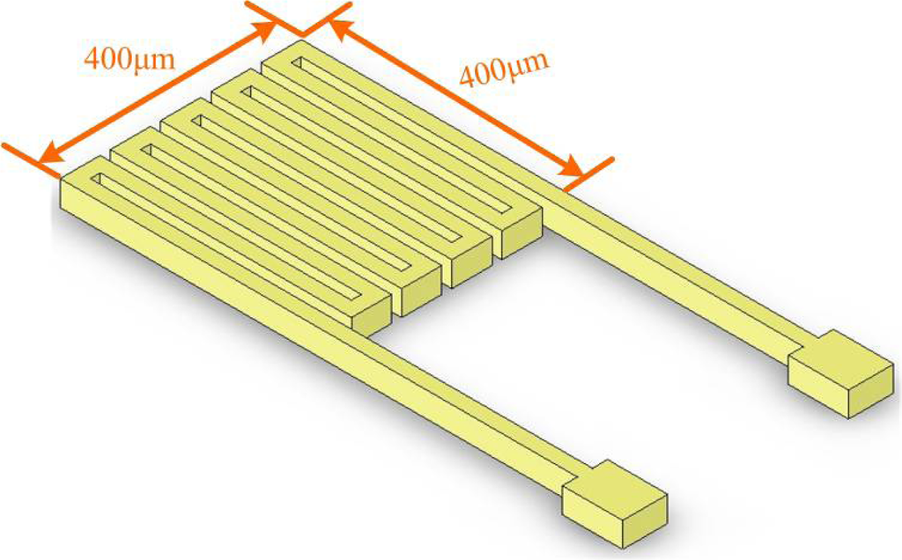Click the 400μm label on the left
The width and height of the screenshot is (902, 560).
(128, 58)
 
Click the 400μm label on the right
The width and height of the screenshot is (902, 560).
(505, 70)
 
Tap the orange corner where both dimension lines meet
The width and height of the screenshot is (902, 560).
(302, 33)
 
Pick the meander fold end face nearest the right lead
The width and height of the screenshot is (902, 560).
(521, 238)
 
